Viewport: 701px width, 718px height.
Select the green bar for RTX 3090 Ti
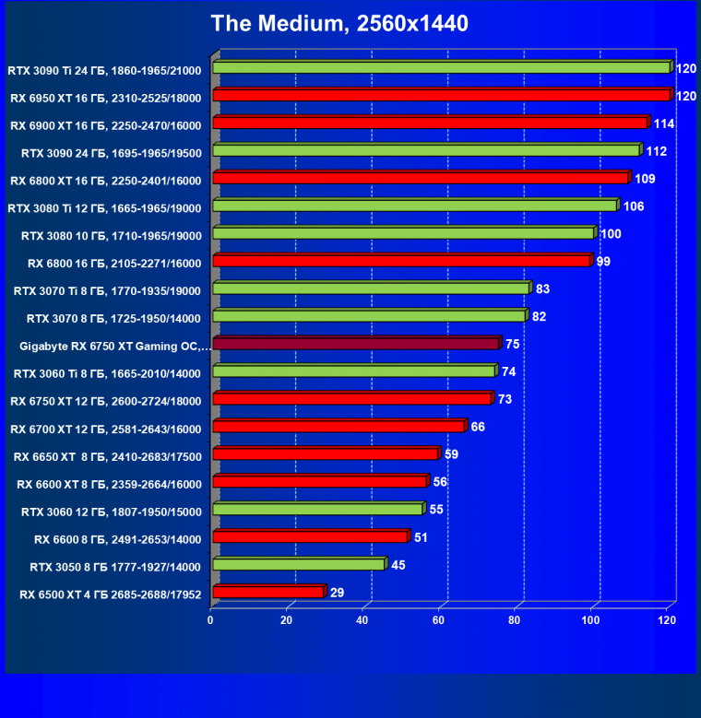pyautogui.click(x=441, y=67)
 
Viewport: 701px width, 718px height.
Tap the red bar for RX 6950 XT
pyautogui.click(x=441, y=95)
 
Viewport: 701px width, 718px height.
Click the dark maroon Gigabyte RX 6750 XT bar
pyautogui.click(x=356, y=344)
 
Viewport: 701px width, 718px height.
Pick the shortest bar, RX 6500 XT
pyautogui.click(x=268, y=592)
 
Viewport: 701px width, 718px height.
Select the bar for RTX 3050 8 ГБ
pyautogui.click(x=299, y=564)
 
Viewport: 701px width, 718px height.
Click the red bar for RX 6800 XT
pyautogui.click(x=421, y=178)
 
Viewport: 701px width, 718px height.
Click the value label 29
pyautogui.click(x=337, y=593)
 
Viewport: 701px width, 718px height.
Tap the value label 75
pyautogui.click(x=512, y=344)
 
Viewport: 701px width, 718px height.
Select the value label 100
pyautogui.click(x=611, y=234)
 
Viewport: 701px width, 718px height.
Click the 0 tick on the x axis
pyautogui.click(x=211, y=620)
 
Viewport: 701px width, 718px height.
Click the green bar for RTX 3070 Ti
pyautogui.click(x=371, y=288)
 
